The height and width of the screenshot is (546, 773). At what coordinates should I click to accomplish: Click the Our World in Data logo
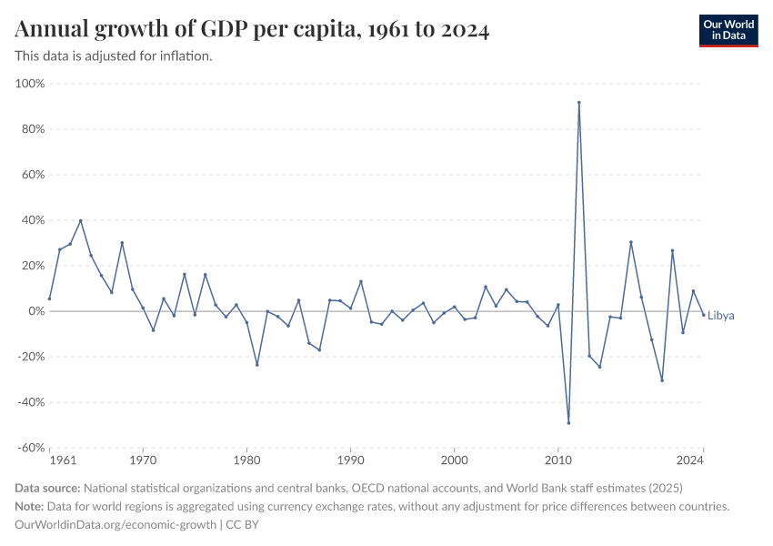728,30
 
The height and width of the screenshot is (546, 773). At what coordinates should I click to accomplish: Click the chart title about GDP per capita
252,30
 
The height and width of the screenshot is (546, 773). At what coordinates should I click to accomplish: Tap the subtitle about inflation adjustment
114,56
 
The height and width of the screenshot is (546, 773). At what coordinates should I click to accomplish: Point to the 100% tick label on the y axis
30,84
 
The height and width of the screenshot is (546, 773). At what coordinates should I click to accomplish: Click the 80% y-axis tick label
33,129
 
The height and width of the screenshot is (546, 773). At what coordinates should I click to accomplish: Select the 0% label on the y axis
36,311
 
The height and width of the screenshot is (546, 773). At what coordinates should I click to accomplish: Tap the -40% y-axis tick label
30,402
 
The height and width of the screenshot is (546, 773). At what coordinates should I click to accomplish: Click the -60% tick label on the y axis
30,448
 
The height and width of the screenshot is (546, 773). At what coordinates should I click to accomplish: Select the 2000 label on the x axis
455,461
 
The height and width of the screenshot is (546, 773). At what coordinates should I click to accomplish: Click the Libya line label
720,316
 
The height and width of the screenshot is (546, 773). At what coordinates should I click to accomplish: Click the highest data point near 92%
579,103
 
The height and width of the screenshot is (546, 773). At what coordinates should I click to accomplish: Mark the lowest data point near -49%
568,422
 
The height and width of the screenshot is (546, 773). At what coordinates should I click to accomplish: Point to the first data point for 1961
50,298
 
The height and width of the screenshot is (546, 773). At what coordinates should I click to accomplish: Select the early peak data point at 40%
81,220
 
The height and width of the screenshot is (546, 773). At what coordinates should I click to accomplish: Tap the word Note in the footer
30,507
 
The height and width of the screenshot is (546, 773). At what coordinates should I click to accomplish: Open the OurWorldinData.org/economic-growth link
115,525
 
